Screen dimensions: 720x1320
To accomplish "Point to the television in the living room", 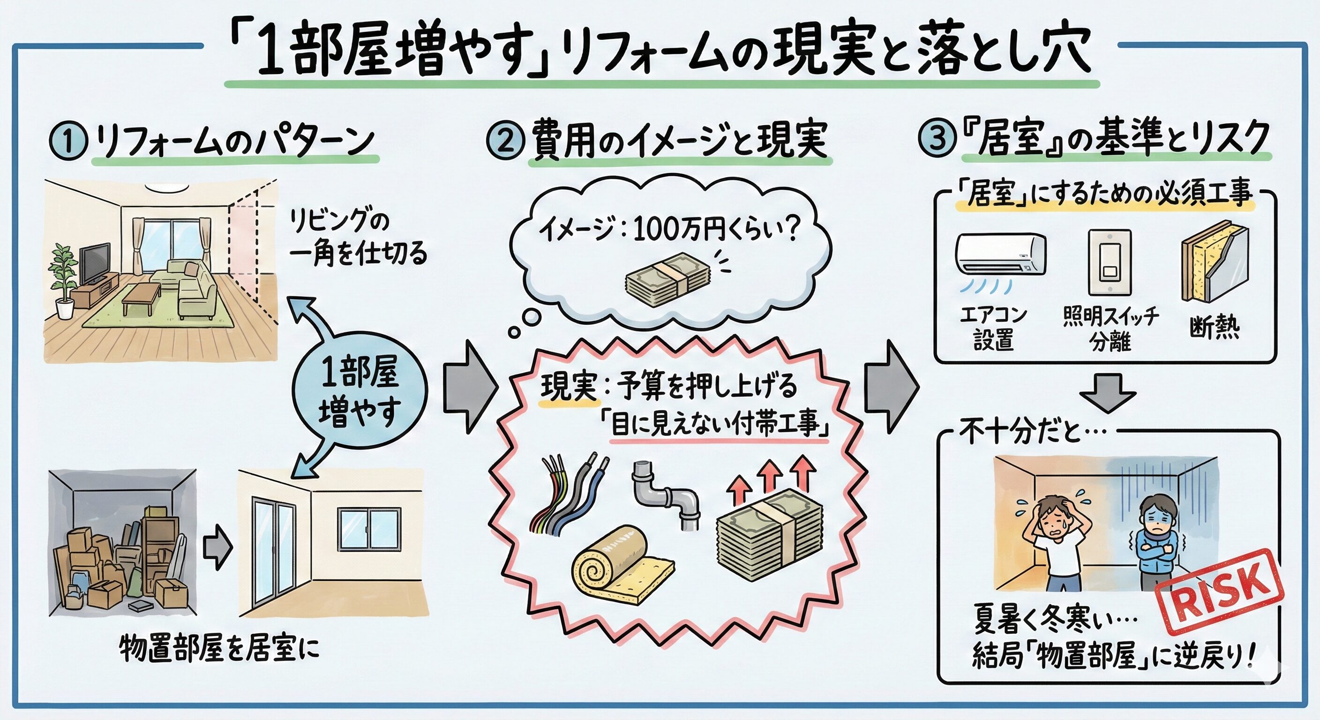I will coord(94,262).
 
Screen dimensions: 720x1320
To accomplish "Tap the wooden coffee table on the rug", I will coord(142,297).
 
